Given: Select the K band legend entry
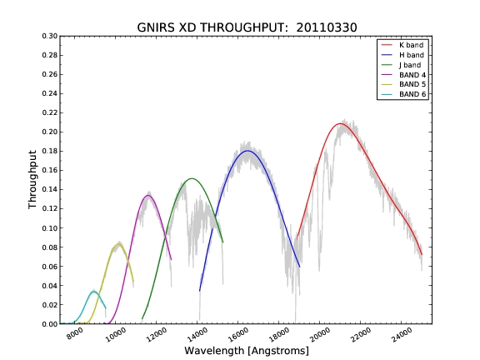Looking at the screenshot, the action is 402,45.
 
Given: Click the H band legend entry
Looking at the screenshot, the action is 402,55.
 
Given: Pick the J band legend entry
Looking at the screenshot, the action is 401,65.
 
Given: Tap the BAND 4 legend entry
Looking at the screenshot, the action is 403,75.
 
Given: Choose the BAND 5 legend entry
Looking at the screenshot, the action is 403,84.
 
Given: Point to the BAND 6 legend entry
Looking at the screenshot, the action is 403,94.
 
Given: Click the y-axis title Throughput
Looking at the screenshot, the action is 32,180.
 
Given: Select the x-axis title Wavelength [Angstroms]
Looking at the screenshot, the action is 247,351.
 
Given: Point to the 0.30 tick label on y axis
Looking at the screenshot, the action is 50,36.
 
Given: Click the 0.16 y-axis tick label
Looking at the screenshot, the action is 50,170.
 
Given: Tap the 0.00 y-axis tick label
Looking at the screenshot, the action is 50,324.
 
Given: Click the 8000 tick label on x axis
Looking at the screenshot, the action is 75,333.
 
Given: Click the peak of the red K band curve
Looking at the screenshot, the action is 339,123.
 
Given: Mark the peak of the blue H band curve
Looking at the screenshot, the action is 247,151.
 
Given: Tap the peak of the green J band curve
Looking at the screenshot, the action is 192,178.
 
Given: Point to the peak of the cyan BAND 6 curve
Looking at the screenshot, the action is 93,292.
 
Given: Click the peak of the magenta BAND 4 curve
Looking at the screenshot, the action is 148,195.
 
